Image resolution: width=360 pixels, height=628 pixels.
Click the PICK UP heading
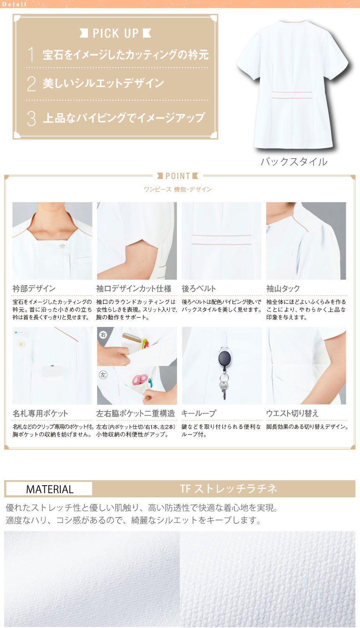116,33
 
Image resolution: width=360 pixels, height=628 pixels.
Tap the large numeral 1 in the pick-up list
31,54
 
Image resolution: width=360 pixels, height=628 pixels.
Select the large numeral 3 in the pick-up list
31,118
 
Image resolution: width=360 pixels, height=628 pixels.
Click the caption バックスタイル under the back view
294,162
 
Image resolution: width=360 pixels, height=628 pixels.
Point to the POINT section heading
178,176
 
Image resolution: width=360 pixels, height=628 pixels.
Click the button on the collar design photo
62,246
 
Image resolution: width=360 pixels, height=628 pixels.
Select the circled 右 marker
103,335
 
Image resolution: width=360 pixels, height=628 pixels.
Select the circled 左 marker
103,375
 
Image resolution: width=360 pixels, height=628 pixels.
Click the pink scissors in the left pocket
140,379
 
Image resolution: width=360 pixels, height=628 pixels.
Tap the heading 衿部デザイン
34,288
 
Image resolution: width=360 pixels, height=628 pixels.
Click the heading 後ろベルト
199,288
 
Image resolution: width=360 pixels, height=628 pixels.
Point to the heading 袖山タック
283,288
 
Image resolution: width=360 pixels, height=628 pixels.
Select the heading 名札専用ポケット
40,413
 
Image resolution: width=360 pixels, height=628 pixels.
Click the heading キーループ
199,413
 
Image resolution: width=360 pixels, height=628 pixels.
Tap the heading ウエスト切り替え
293,413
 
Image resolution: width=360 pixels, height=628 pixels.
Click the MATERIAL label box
49,489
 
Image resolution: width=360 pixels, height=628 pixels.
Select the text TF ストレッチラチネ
228,489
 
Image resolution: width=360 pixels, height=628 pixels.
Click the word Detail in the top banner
14,4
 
